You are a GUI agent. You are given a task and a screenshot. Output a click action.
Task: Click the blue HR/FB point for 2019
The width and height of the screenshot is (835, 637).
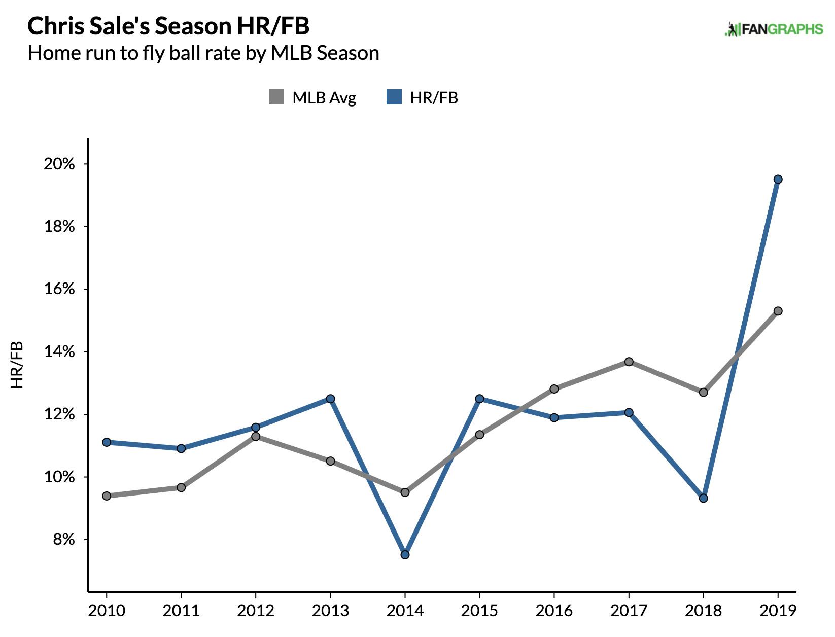click(x=778, y=179)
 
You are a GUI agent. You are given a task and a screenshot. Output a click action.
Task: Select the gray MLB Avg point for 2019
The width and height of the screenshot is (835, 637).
click(x=778, y=311)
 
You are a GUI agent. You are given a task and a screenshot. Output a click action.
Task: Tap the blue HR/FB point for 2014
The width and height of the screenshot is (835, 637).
click(x=405, y=554)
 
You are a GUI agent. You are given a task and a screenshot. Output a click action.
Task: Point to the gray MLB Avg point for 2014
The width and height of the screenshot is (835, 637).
click(x=405, y=492)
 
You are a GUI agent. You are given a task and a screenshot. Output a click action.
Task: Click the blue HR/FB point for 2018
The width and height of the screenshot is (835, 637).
click(x=703, y=498)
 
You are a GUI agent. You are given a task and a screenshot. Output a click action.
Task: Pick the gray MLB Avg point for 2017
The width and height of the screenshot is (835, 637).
click(x=629, y=362)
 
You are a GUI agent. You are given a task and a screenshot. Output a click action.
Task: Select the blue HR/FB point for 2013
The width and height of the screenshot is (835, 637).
click(x=330, y=399)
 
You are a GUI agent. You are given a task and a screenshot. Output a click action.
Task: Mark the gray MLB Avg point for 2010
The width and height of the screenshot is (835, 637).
click(x=107, y=496)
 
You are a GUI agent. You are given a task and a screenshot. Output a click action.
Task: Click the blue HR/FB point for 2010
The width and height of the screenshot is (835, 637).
click(x=107, y=442)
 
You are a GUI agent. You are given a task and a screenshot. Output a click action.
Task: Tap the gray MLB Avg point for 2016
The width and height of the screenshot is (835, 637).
click(x=554, y=389)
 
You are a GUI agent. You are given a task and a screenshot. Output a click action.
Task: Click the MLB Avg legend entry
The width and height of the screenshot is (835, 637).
click(x=312, y=97)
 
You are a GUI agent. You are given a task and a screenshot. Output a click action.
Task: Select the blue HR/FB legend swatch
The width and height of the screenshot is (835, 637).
click(x=394, y=97)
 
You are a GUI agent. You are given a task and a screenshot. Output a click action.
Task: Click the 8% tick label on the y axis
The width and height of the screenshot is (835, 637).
click(x=63, y=539)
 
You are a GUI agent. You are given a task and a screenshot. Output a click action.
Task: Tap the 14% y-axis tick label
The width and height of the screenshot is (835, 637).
click(x=59, y=351)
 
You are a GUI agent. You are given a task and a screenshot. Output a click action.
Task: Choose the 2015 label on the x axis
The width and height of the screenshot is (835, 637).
click(x=479, y=610)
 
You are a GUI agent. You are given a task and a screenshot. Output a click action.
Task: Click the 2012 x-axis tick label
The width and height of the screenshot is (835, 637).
click(x=256, y=610)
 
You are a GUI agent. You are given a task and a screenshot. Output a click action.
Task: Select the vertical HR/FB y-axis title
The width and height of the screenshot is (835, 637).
click(x=17, y=365)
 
